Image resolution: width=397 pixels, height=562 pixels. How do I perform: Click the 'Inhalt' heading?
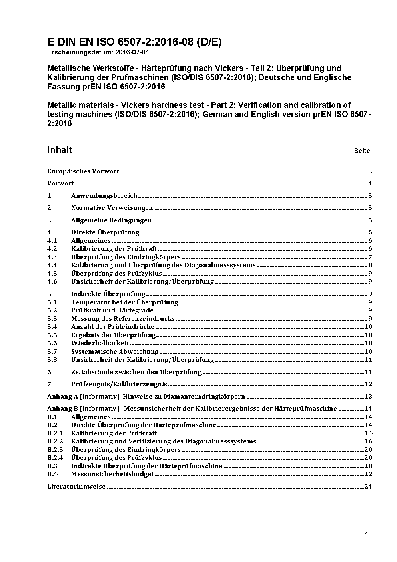point(60,150)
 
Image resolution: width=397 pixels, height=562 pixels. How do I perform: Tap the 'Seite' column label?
point(362,151)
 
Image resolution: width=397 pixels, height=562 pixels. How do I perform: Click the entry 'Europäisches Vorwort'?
point(83,171)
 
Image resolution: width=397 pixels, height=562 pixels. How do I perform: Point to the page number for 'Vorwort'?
point(370,184)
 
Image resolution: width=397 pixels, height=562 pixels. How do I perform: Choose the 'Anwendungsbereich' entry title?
point(104,196)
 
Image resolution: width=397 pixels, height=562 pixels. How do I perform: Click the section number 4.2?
point(52,249)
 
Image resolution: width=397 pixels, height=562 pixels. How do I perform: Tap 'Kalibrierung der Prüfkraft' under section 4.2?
point(114,249)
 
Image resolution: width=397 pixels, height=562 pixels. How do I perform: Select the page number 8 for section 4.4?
point(370,265)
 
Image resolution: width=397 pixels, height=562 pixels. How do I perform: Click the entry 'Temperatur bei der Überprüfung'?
point(124,302)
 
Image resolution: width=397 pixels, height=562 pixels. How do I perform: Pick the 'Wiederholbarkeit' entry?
point(100,343)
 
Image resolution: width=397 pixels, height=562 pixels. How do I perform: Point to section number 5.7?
point(52,352)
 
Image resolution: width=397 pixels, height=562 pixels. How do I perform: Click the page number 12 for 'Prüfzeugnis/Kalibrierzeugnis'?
point(368,384)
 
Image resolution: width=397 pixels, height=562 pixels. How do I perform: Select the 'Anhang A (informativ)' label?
point(83,397)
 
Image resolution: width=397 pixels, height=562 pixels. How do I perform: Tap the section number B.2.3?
point(55,450)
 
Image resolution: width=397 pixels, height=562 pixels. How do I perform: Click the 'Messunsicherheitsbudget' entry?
point(112,474)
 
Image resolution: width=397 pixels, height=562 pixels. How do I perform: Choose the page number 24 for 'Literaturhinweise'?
point(368,487)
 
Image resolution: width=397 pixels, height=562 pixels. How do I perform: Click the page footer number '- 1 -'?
point(366,534)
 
